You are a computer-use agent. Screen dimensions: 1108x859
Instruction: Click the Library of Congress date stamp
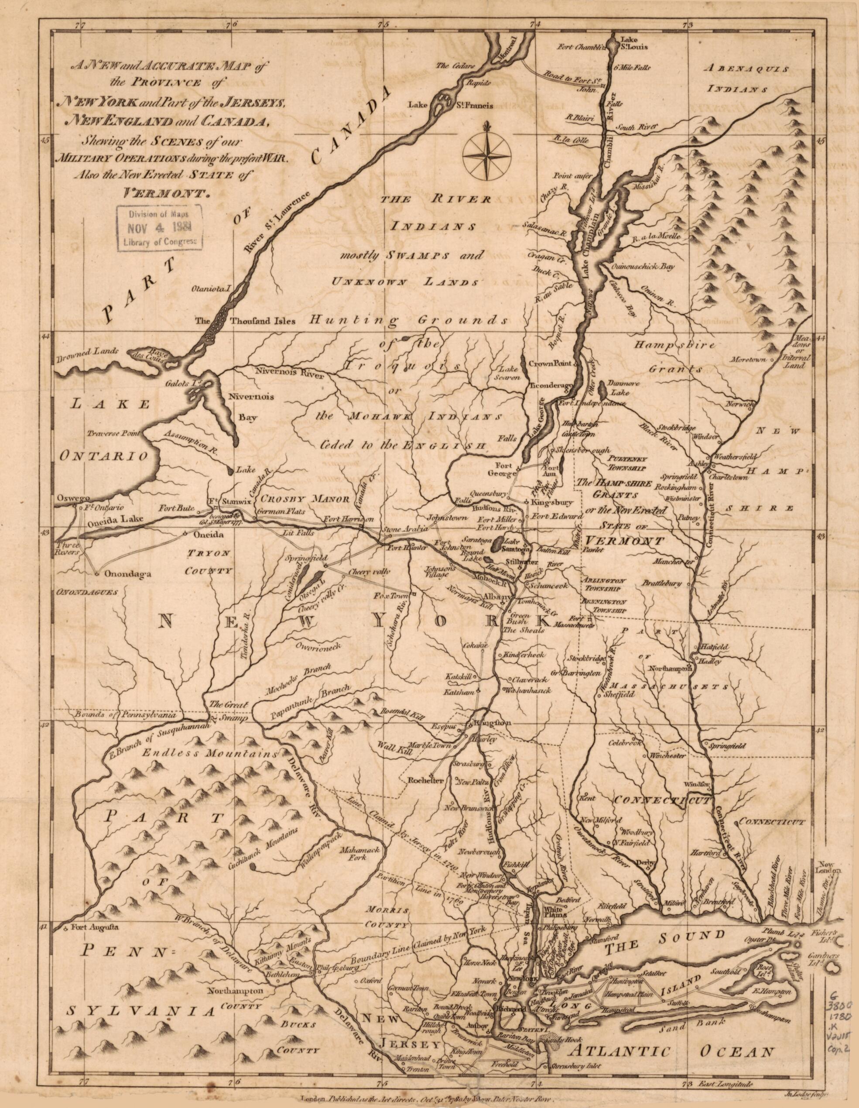160,228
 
